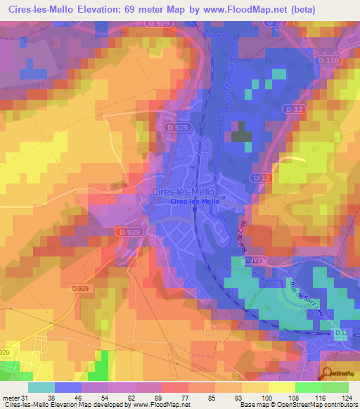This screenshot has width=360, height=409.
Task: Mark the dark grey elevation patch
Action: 241,131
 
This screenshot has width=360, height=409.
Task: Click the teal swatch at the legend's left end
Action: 41,387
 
